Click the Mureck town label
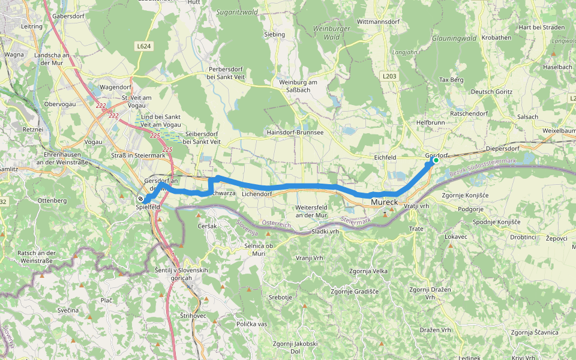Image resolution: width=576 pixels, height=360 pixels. (x=385, y=202)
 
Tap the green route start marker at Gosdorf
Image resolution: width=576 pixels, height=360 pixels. (x=436, y=160)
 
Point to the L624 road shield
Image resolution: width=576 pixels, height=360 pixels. (x=143, y=46)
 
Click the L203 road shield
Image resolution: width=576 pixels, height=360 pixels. (x=389, y=76)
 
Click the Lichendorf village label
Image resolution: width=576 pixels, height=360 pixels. (x=257, y=194)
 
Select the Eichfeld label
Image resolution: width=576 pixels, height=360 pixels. (x=385, y=157)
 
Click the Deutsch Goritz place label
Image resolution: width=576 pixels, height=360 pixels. (x=491, y=92)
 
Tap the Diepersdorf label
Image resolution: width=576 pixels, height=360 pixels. (x=502, y=148)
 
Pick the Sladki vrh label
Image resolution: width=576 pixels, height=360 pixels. (x=326, y=231)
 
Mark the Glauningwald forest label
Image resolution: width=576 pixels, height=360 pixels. (x=454, y=38)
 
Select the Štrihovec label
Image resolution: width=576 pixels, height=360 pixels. (x=193, y=315)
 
